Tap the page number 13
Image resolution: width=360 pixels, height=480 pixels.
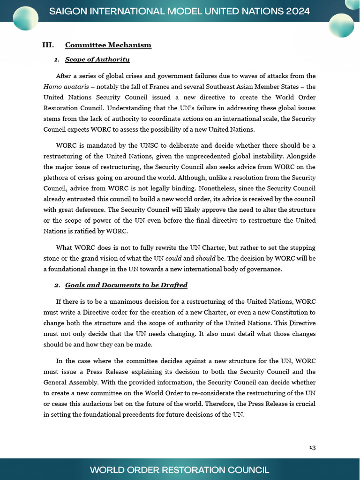(x=312, y=447)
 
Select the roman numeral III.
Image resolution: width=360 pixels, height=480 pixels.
(x=47, y=45)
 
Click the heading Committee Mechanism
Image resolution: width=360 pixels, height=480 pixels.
(x=108, y=45)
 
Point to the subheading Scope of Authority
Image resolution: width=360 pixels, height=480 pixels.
(x=97, y=60)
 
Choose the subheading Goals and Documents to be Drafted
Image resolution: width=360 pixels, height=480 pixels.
(x=126, y=285)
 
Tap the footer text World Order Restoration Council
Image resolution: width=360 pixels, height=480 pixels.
(x=180, y=470)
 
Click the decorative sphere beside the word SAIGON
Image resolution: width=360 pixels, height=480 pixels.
(x=25, y=18)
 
